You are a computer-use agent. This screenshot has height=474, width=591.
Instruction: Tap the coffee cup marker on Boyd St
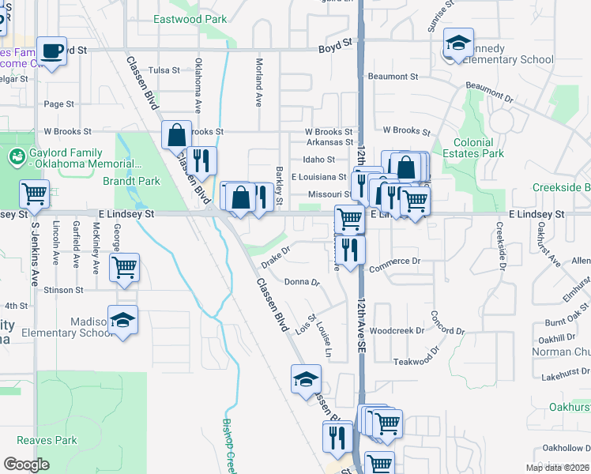click(52, 51)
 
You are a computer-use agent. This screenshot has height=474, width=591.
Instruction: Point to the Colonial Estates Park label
click(473, 148)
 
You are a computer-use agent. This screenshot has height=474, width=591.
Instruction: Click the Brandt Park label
click(131, 181)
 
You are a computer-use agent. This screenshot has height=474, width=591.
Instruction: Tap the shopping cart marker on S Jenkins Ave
click(35, 192)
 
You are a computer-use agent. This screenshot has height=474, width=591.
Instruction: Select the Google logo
click(26, 465)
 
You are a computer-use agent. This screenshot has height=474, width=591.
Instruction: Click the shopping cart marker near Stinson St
click(125, 268)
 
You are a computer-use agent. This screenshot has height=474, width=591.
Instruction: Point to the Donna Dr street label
click(301, 281)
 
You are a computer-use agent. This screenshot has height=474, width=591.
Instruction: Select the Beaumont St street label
click(393, 77)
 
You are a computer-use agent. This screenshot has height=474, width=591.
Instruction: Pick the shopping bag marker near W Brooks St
click(176, 135)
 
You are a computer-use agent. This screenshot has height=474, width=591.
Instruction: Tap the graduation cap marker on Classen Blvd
click(306, 378)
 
